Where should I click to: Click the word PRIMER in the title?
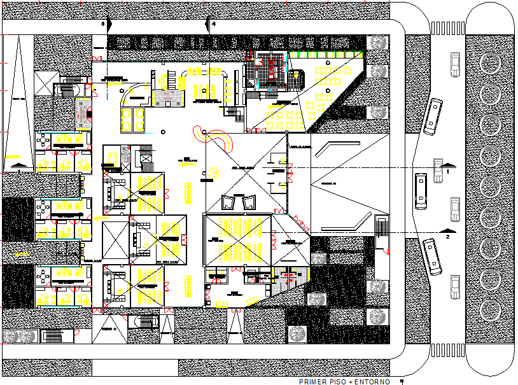coord(311,382)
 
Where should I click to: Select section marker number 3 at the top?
coord(103,24)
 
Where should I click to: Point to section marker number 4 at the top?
coord(214,24)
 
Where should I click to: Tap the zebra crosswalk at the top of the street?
coord(449,28)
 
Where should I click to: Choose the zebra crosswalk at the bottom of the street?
coord(449,350)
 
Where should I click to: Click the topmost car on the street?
coord(454,64)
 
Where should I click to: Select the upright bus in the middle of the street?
coord(421,190)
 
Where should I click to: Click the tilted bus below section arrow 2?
coord(433,256)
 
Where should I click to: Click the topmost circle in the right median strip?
coord(491,64)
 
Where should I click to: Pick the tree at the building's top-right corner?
coord(379,43)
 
